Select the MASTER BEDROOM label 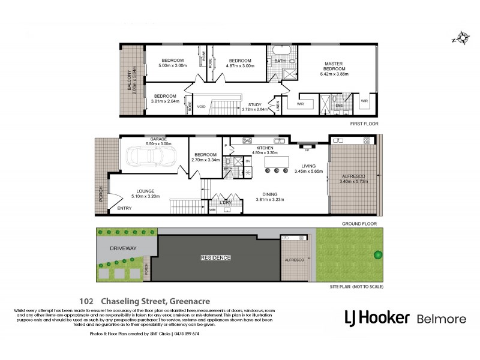click(337, 66)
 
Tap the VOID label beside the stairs click(202, 107)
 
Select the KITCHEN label click(265, 148)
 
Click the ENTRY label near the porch click(124, 209)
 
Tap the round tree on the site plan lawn click(378, 254)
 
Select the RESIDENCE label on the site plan click(215, 257)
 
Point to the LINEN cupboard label click(278, 106)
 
